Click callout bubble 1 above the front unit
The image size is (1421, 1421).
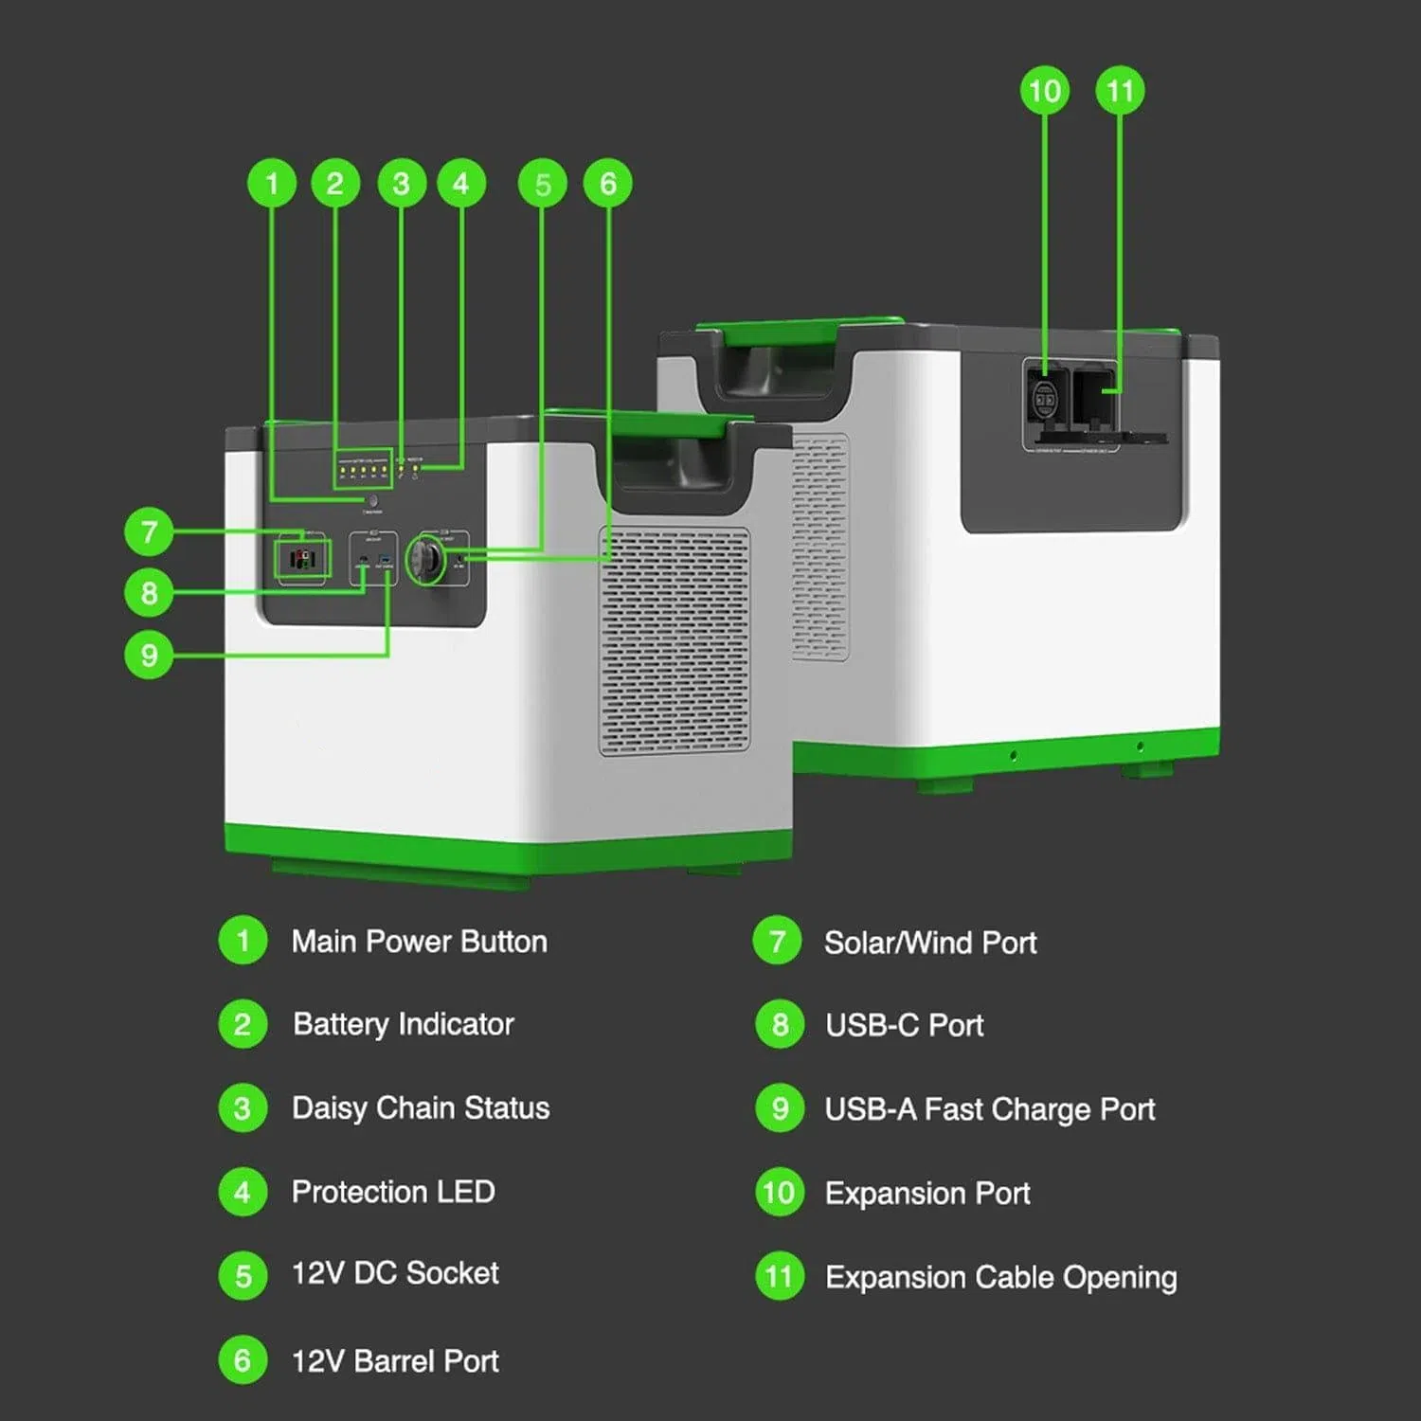(272, 183)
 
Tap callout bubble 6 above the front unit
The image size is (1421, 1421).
(608, 183)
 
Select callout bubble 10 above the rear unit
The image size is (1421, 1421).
(1044, 91)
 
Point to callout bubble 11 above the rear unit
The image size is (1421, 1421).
(1120, 91)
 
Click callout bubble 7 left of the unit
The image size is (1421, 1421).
(149, 531)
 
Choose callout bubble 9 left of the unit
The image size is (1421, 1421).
(149, 655)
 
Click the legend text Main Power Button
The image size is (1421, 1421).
(419, 942)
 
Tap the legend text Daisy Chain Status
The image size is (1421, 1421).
(420, 1107)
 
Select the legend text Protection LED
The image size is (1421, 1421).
(393, 1192)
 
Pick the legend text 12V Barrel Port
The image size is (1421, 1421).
(395, 1361)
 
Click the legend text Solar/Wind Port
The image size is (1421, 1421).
(930, 943)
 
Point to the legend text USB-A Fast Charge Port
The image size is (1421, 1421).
(990, 1109)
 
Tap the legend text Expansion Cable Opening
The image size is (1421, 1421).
(1001, 1277)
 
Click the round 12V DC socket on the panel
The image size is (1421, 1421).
(427, 561)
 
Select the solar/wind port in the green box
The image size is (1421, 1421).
(302, 559)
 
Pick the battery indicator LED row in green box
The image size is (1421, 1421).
(363, 468)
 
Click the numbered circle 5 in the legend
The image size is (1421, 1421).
(243, 1275)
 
